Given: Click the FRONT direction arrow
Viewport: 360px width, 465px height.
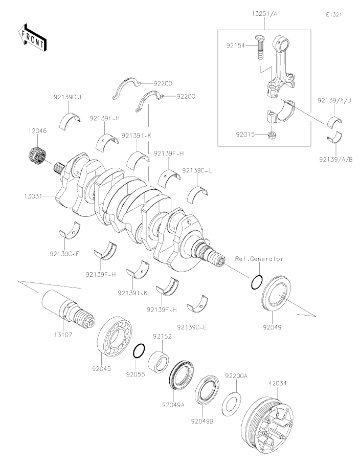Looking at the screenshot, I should (x=32, y=37).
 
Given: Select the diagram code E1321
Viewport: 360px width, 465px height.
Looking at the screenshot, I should (x=333, y=14).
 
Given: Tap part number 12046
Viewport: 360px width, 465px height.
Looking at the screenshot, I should (x=37, y=131).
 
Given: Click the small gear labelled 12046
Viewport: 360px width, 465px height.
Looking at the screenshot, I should (x=37, y=154).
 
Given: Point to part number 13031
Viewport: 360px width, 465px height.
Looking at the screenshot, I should (x=32, y=195).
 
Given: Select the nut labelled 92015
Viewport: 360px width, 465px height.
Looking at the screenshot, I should (x=271, y=136).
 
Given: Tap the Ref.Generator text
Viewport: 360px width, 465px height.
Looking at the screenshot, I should (x=259, y=259).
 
